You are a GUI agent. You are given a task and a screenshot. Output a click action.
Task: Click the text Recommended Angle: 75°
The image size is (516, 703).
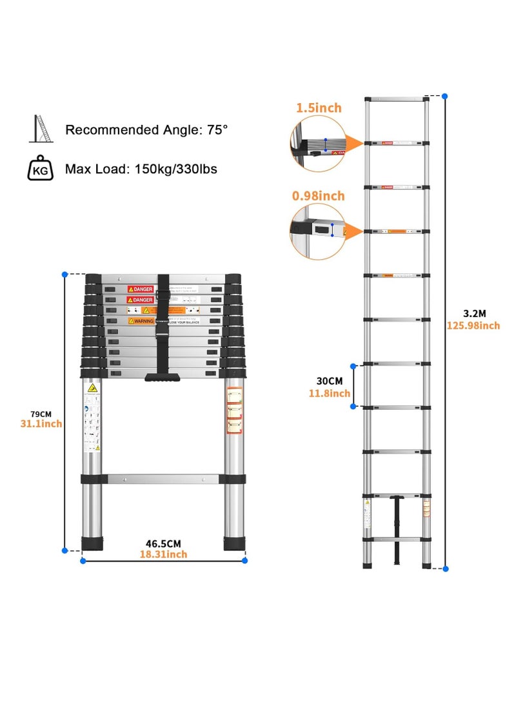click(x=146, y=130)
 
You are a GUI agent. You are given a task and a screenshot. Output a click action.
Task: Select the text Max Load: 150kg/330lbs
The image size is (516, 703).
click(x=141, y=169)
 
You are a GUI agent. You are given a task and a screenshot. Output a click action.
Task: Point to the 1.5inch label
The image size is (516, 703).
click(x=319, y=108)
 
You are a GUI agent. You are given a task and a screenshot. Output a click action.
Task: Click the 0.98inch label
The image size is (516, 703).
click(x=319, y=196)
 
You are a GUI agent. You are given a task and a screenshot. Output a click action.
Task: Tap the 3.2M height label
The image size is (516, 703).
click(x=473, y=313)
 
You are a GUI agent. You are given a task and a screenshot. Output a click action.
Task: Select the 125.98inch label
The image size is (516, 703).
click(x=473, y=325)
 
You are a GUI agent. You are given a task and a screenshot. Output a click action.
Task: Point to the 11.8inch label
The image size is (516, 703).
click(x=329, y=393)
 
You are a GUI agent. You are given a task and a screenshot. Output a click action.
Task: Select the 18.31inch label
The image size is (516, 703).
click(x=164, y=554)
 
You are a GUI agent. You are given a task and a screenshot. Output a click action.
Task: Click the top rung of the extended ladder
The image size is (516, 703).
click(x=396, y=99)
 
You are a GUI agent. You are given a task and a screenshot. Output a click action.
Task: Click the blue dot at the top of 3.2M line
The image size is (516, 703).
click(x=444, y=96)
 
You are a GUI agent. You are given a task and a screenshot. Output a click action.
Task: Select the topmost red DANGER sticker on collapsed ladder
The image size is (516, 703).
click(x=140, y=289)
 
